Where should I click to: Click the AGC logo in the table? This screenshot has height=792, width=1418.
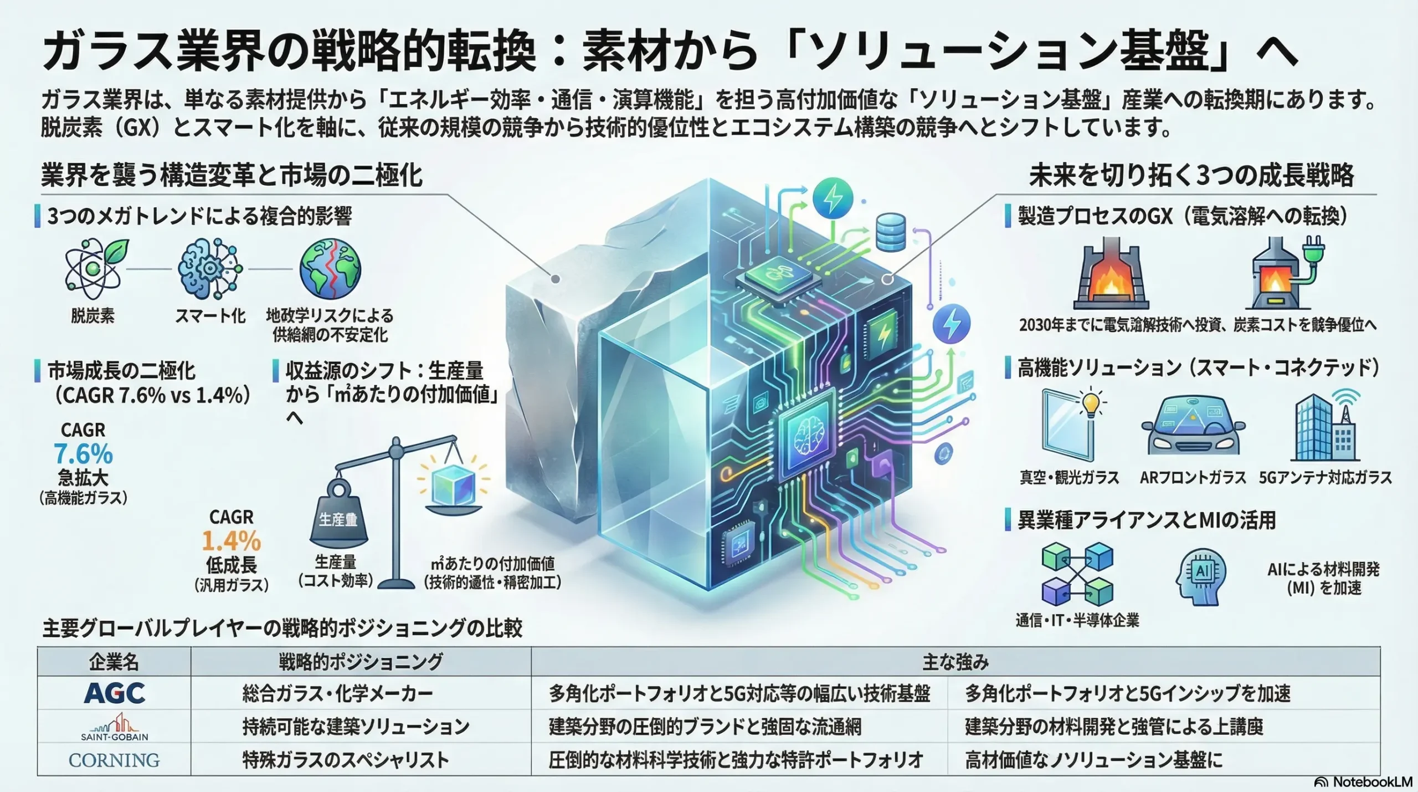pos(114,693)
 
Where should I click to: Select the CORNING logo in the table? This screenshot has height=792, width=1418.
pos(114,760)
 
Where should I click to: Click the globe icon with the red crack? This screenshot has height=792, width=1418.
pos(330,269)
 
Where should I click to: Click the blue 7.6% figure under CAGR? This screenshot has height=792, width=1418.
pos(84,454)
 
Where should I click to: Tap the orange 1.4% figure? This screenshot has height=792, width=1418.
pos(231,541)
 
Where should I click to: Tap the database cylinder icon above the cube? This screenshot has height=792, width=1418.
pos(891,233)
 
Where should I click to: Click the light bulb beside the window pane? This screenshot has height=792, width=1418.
pos(1091,403)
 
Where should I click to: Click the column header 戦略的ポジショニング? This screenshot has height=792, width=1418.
pos(361,662)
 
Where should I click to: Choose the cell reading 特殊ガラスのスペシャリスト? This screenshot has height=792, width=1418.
pos(346,760)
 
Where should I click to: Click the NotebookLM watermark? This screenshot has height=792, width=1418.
pos(1363,781)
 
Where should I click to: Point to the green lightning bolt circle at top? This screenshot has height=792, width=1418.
pos(833,199)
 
